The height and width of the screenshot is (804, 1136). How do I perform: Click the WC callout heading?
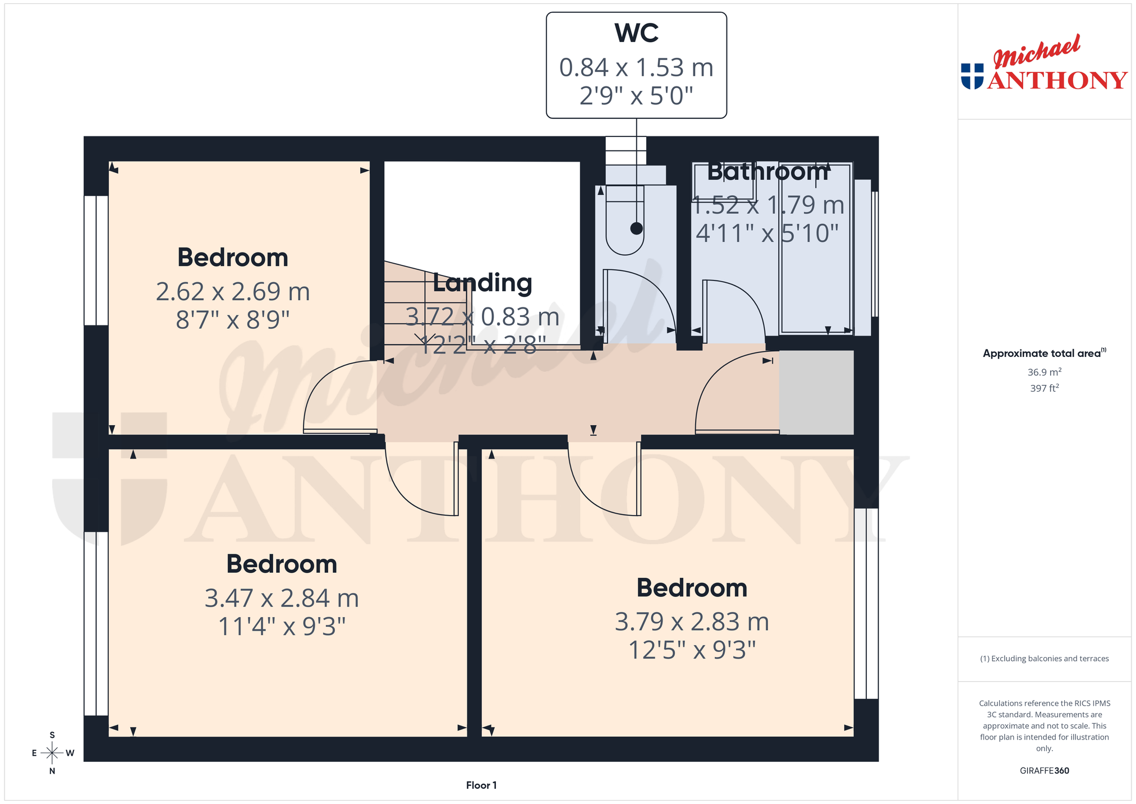point(636,33)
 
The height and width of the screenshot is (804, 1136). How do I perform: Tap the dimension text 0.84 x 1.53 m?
point(636,67)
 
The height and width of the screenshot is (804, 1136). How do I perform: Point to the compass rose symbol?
point(52,752)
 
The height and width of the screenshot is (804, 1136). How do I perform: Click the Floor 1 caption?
point(481,785)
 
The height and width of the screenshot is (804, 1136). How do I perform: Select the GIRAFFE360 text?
point(1045,770)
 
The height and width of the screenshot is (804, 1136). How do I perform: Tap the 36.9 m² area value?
point(1045,372)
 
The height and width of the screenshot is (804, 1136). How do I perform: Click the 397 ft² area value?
point(1045,388)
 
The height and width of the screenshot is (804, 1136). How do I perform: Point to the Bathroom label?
point(768,171)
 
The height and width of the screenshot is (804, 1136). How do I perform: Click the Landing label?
point(482,282)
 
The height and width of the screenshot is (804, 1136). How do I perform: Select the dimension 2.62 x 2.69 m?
point(233,292)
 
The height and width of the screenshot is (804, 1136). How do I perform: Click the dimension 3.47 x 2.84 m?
point(282,598)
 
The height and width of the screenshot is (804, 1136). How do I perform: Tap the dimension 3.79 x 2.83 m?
point(692,622)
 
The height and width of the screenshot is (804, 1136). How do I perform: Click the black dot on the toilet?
point(636,228)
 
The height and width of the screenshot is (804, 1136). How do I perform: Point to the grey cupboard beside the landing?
point(816,392)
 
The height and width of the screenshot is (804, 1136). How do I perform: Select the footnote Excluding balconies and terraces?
point(1045,659)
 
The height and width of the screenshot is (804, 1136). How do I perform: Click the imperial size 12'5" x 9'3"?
point(692,650)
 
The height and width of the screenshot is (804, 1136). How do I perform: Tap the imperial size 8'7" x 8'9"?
point(233,320)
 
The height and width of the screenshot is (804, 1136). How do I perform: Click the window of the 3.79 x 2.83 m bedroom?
point(866,603)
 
